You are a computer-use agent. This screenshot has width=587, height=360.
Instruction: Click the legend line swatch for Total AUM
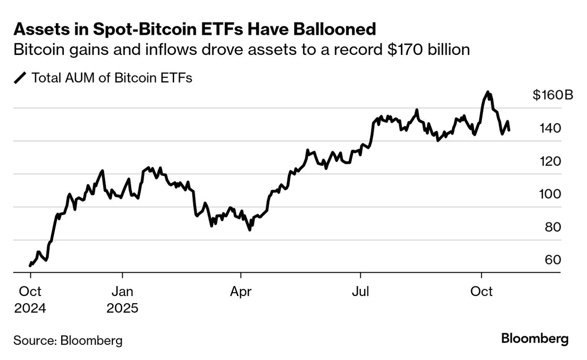pyautogui.click(x=21, y=78)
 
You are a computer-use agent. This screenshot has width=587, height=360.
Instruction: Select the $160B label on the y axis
pyautogui.click(x=553, y=95)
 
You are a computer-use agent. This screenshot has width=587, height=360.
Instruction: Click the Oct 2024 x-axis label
pyautogui.click(x=30, y=299)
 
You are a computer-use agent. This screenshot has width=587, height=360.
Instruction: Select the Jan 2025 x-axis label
pyautogui.click(x=123, y=299)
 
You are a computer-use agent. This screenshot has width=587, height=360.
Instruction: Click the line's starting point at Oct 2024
pyautogui.click(x=30, y=265)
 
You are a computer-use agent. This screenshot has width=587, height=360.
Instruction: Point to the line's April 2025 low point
pyautogui.click(x=250, y=230)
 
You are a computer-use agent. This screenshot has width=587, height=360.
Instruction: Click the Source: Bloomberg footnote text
pyautogui.click(x=68, y=340)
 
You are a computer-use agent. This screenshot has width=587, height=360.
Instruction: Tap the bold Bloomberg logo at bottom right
pyautogui.click(x=535, y=339)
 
